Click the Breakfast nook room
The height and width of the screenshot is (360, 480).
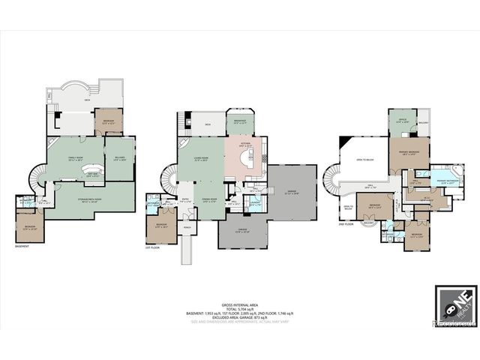click(x=241, y=121)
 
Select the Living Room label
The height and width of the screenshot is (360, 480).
click(x=201, y=160)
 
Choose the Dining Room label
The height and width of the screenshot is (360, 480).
click(x=208, y=199)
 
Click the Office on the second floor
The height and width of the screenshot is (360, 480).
click(x=403, y=119)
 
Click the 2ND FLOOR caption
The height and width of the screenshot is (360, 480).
click(x=346, y=224)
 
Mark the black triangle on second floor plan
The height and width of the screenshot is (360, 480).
click(x=343, y=142)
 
